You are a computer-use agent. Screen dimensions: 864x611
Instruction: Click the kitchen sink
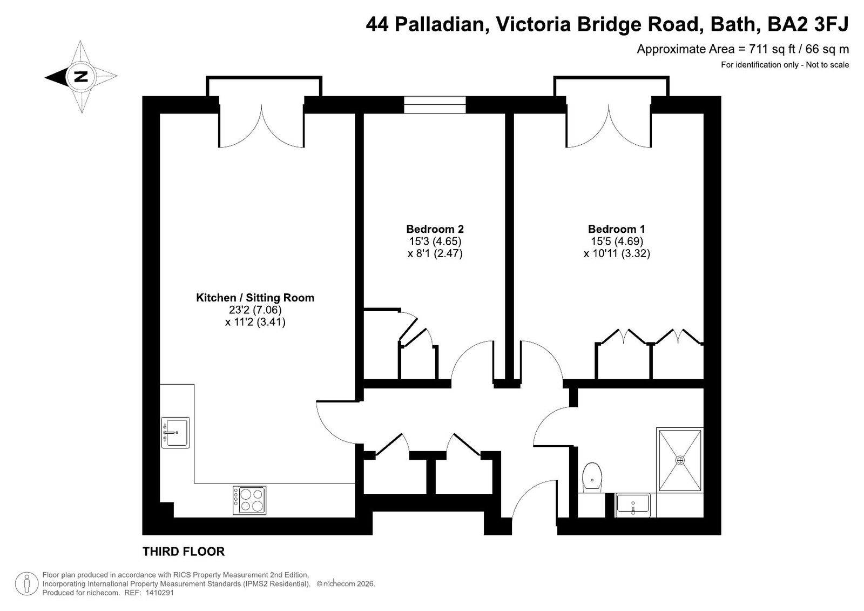click(x=175, y=432)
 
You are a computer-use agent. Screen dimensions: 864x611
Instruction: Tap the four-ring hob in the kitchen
click(x=249, y=500)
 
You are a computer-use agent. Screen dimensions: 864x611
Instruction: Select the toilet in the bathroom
click(x=592, y=478)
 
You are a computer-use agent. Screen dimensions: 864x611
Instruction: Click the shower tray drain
click(x=680, y=460)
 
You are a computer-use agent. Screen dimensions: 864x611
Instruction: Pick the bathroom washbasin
click(x=633, y=505)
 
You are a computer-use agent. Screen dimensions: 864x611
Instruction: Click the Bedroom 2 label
click(x=435, y=229)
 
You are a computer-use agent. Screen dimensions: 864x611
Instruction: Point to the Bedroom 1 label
click(x=616, y=229)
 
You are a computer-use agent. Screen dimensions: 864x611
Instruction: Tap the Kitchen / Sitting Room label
click(x=255, y=298)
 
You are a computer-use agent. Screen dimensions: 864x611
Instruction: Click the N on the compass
click(x=81, y=76)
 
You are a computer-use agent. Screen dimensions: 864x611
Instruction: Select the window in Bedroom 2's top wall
click(x=435, y=105)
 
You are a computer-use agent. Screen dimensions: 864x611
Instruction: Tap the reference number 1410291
click(x=159, y=593)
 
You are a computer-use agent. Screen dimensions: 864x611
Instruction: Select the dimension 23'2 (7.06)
click(x=255, y=310)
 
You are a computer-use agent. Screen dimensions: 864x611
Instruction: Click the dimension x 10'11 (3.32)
click(x=617, y=253)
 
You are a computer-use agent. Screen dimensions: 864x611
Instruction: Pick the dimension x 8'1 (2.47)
click(x=435, y=253)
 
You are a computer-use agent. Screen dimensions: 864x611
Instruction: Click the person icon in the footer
click(x=26, y=583)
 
